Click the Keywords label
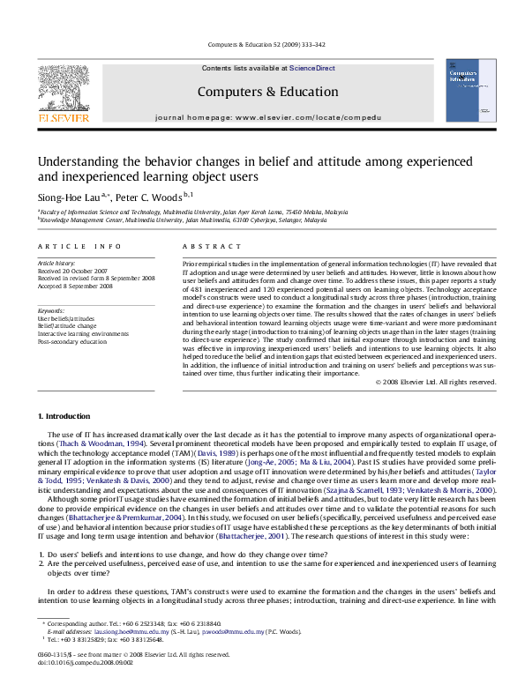coord(49,311)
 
